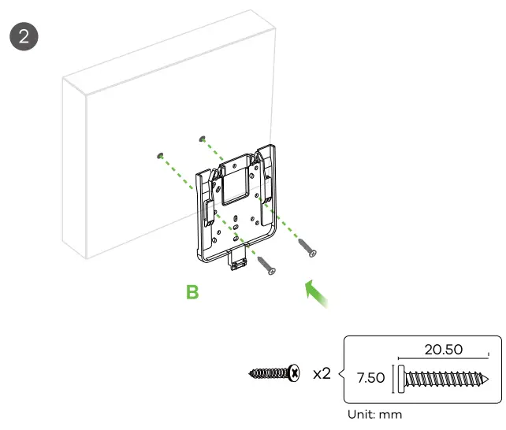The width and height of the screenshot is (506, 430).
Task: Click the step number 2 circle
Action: [x=23, y=36]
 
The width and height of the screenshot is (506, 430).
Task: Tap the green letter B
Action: [x=192, y=293]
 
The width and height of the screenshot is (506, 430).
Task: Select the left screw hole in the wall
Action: [x=160, y=156]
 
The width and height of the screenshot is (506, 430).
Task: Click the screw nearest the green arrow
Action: [x=307, y=248]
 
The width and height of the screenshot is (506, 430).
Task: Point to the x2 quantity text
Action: [x=322, y=373]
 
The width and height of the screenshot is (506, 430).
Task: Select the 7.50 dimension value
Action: [x=371, y=378]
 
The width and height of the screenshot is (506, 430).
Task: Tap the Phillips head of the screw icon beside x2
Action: [x=294, y=373]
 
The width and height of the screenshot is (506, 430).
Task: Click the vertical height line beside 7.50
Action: [x=393, y=379]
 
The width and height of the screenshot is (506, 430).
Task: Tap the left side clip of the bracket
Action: [x=210, y=211]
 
